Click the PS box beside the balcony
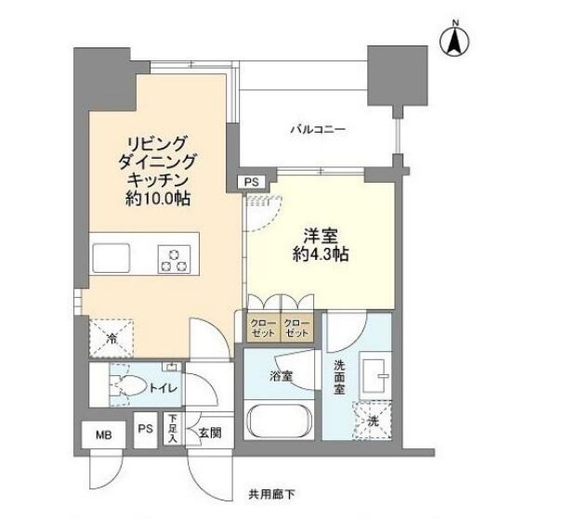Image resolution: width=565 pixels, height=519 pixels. pos(253,183)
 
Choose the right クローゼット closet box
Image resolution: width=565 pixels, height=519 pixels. pos(297,327)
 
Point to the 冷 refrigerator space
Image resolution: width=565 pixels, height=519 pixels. pos(111,336)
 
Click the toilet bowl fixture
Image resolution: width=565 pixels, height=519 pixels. pos(123,386)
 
